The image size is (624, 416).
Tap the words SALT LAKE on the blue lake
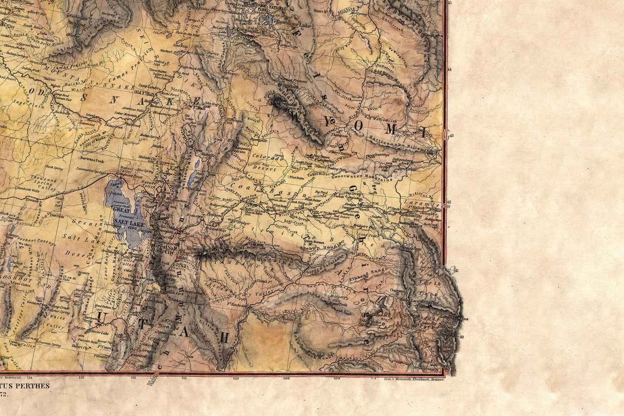pos(129,224)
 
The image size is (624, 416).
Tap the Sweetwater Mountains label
pos(363,176)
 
